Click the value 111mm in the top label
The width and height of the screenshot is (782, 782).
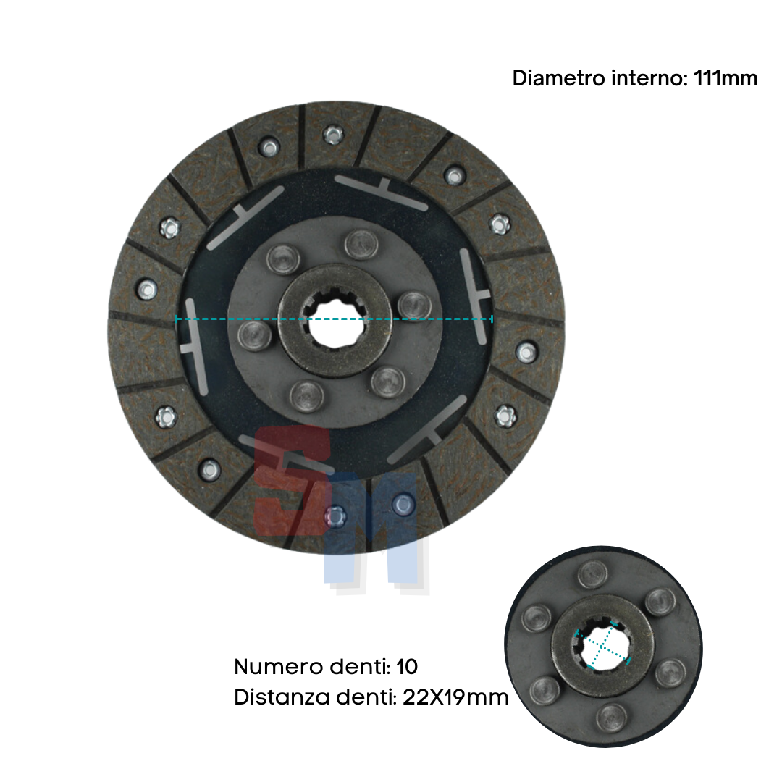(x=726, y=78)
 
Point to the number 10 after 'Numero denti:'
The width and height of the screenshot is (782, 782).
(x=407, y=667)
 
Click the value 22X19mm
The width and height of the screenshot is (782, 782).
(x=455, y=697)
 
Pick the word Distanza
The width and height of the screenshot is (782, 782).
(x=282, y=697)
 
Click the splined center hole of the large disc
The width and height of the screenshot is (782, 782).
(x=334, y=320)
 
